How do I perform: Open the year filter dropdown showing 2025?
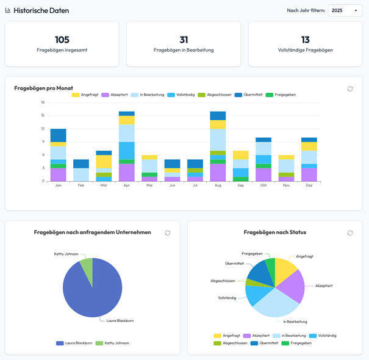(x=345, y=10)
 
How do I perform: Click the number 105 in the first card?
(x=62, y=40)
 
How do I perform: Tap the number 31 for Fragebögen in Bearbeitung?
(x=184, y=40)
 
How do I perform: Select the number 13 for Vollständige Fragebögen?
(x=305, y=40)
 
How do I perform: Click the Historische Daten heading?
(x=41, y=10)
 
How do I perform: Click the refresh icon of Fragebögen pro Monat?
(x=350, y=88)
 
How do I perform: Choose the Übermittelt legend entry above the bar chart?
(x=250, y=95)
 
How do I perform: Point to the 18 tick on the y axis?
(x=43, y=103)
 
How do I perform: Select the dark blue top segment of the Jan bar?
(x=58, y=135)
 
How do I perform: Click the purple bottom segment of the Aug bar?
(x=218, y=173)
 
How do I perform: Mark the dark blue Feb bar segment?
(x=81, y=164)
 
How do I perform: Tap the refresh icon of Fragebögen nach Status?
(x=350, y=232)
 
